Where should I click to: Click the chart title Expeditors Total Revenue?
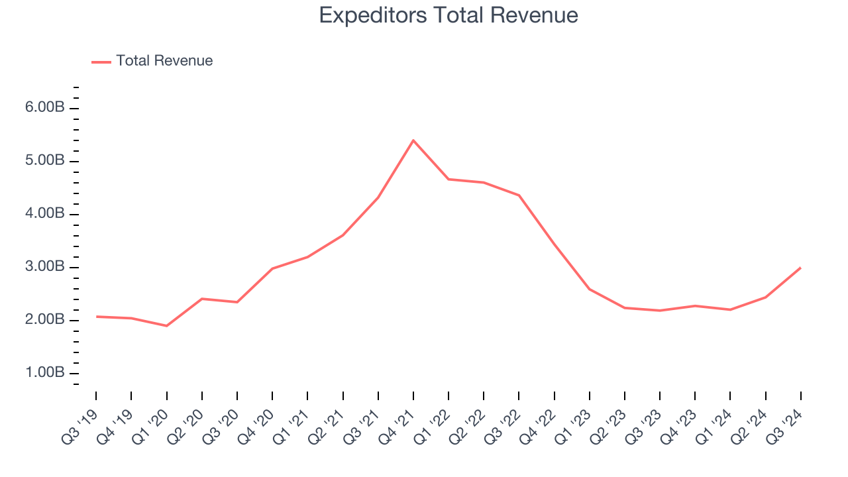click(x=449, y=15)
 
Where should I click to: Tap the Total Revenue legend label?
click(x=164, y=61)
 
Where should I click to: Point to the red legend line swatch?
click(x=101, y=62)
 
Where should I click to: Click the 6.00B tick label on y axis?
click(x=45, y=108)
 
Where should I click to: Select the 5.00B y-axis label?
click(x=45, y=161)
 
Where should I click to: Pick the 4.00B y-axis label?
click(x=45, y=214)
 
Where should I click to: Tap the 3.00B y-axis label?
click(x=45, y=267)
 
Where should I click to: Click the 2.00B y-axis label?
click(x=45, y=320)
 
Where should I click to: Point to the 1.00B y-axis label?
click(x=45, y=373)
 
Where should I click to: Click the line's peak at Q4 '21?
click(x=413, y=140)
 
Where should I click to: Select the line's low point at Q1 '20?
click(x=166, y=326)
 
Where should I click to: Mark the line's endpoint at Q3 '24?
click(x=801, y=268)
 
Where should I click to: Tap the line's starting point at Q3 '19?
click(x=96, y=317)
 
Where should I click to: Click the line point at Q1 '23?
click(x=589, y=289)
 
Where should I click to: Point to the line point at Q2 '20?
click(x=202, y=299)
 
